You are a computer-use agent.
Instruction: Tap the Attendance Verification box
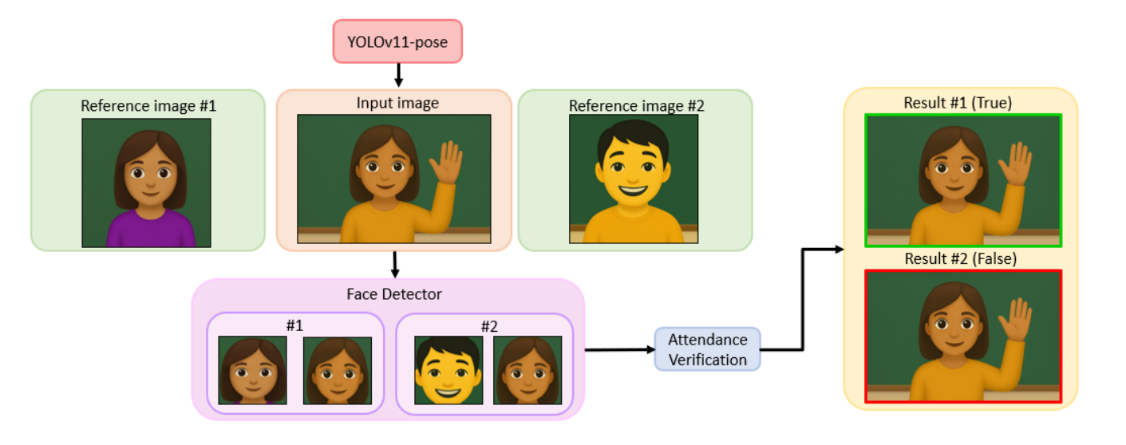point(707,349)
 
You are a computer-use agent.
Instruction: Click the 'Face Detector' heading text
point(393,294)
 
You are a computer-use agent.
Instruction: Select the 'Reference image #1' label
point(148,105)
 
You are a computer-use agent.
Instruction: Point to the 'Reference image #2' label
point(636,105)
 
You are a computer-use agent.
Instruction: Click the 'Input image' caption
point(397,103)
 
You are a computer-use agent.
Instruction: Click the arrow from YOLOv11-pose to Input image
point(398,75)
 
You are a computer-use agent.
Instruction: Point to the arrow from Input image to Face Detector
point(394,265)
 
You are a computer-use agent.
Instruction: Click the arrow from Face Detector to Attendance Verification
point(619,349)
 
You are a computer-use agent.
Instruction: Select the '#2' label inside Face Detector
point(489,325)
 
